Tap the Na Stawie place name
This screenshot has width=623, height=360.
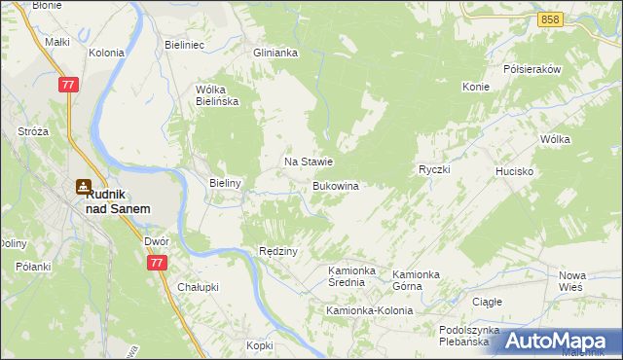coord(309,162)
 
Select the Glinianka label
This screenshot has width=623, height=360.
coord(275,54)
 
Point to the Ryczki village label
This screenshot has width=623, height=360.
coord(433,169)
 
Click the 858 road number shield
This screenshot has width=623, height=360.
coord(551,19)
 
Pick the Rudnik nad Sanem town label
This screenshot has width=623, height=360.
coord(117,201)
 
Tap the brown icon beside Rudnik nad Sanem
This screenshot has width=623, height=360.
coord(85,187)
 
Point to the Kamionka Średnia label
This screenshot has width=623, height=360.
coord(351,275)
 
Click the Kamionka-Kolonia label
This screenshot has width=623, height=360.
coord(369,310)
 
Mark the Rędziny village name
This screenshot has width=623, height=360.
coord(277,251)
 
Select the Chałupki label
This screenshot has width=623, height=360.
coord(198,287)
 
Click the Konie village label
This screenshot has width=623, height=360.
coord(475,87)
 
